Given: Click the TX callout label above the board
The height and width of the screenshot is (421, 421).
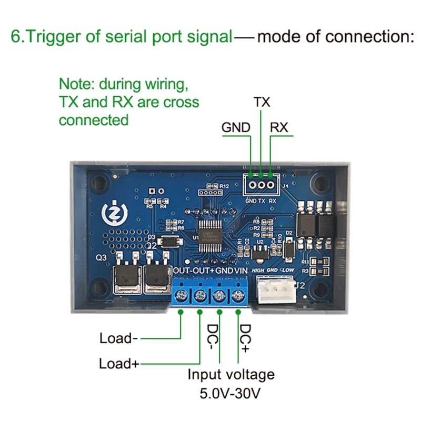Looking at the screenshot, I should [262, 102].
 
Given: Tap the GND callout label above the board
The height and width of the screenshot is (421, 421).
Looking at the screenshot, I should [236, 127].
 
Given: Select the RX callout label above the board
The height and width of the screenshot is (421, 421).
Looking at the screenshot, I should [279, 127].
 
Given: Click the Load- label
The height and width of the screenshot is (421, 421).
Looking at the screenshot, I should [118, 338].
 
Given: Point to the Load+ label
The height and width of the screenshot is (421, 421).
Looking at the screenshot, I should [119, 364].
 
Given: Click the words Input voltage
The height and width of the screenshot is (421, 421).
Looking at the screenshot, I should [231, 374].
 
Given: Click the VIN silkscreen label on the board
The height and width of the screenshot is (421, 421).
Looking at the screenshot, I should [240, 270].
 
